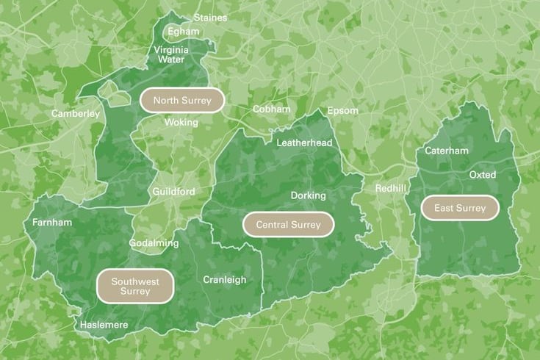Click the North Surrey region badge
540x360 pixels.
click(x=182, y=101)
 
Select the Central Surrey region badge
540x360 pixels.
click(x=288, y=225)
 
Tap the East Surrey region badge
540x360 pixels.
click(x=460, y=209)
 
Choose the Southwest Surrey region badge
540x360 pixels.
click(x=135, y=287)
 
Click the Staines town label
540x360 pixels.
click(x=211, y=18)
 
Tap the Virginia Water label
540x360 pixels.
click(x=171, y=54)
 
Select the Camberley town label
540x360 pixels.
click(x=75, y=114)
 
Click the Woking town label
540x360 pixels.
click(x=181, y=123)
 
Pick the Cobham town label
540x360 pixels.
click(x=271, y=109)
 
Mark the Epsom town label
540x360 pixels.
click(x=342, y=111)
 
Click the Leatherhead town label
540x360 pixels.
click(x=304, y=143)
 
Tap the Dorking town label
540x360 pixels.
click(x=308, y=196)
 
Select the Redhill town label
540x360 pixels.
click(x=390, y=189)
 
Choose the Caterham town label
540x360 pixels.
click(x=447, y=151)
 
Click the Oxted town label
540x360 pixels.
click(x=483, y=175)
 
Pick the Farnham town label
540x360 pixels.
click(x=52, y=223)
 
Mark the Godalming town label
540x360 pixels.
click(x=154, y=243)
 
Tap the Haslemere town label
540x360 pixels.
click(x=104, y=325)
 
